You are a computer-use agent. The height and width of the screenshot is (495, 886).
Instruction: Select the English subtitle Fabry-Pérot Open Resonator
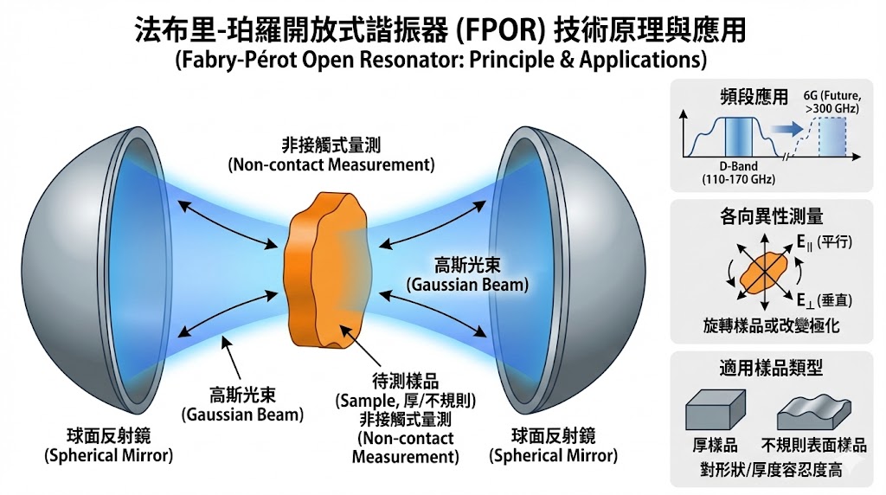pyautogui.click(x=440, y=62)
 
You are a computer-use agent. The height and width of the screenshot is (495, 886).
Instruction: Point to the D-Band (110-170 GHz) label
pyautogui.click(x=724, y=173)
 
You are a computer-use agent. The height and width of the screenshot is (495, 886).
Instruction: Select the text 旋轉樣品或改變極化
pyautogui.click(x=759, y=326)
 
